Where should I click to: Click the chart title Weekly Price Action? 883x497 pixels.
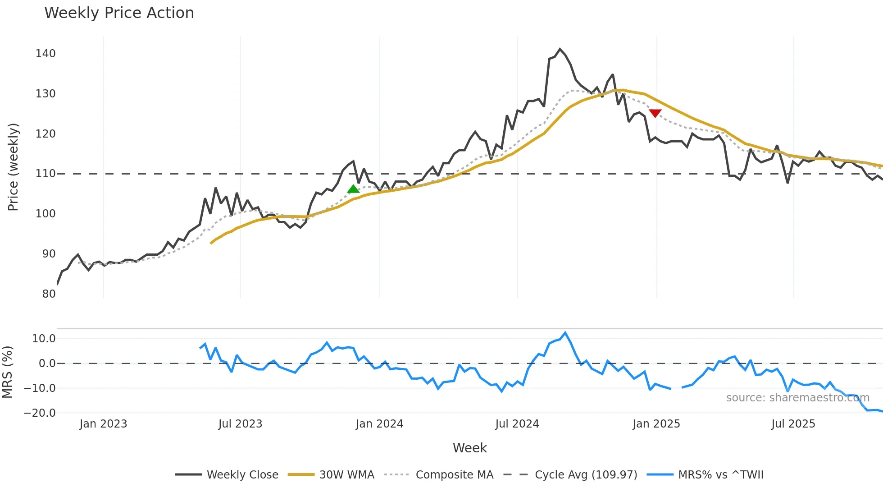pos(119,13)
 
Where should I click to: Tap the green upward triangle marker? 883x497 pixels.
pos(354,189)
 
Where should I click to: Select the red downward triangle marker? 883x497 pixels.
pos(655,113)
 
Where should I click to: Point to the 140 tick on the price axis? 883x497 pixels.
pos(46,54)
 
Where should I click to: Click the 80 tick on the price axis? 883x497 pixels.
pos(49,294)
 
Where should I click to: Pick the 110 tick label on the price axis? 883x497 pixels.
pos(46,174)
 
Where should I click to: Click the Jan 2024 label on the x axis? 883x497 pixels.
pos(379,424)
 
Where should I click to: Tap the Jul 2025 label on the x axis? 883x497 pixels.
pos(793,424)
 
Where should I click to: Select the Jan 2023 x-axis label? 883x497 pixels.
pos(103,424)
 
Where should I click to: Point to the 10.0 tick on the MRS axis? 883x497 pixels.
pos(44,339)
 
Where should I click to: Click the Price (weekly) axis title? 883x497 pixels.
pos(14,167)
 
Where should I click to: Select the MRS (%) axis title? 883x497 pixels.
pos(8,372)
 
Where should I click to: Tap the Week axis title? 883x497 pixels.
pos(469,448)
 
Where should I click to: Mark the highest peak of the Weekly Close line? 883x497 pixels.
pos(560,49)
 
